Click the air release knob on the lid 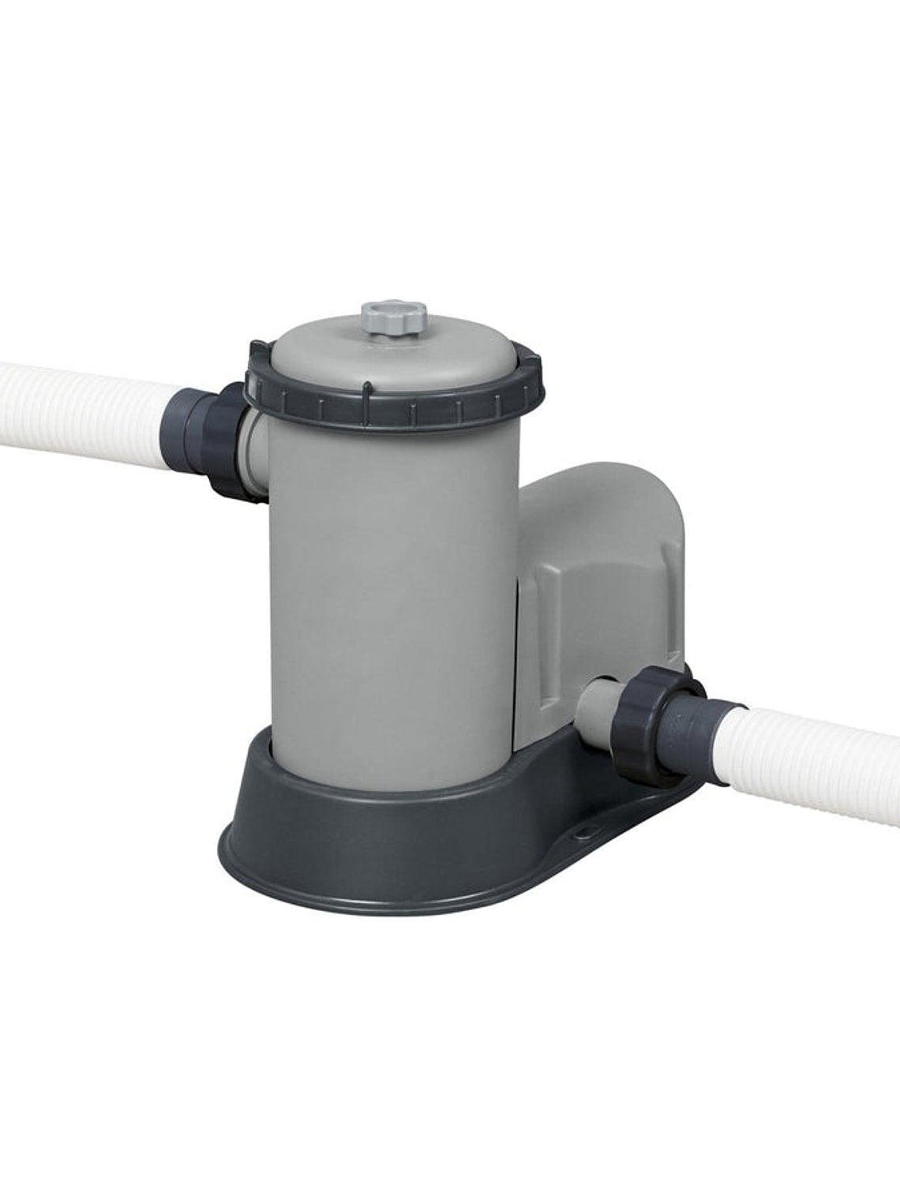(394, 318)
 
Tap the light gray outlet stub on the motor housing (596, 707)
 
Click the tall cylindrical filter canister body (387, 600)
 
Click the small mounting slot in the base (585, 831)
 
